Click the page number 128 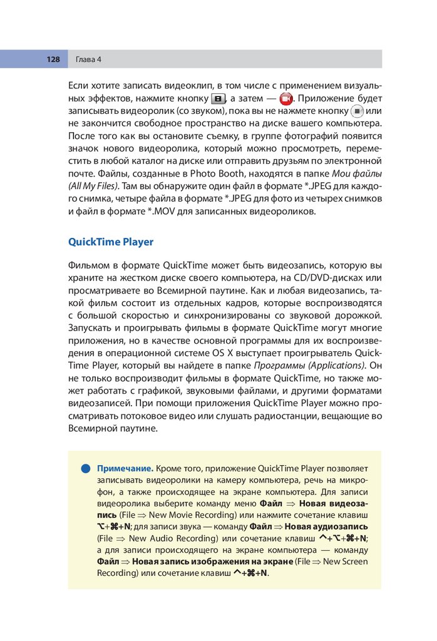pos(52,59)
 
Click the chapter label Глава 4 pos(88,59)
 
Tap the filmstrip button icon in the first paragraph pos(218,100)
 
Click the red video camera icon pos(286,100)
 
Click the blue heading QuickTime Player pos(110,242)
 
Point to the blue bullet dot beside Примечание pos(85,468)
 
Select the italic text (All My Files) pos(93,186)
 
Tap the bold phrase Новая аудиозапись pos(326,526)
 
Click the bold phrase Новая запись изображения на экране pos(213,561)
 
